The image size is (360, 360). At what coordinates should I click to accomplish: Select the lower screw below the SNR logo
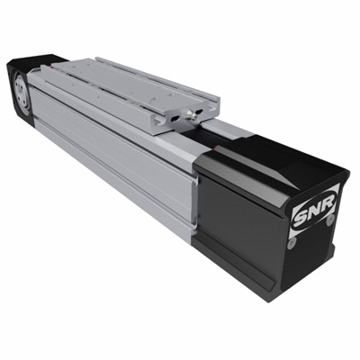292,239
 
